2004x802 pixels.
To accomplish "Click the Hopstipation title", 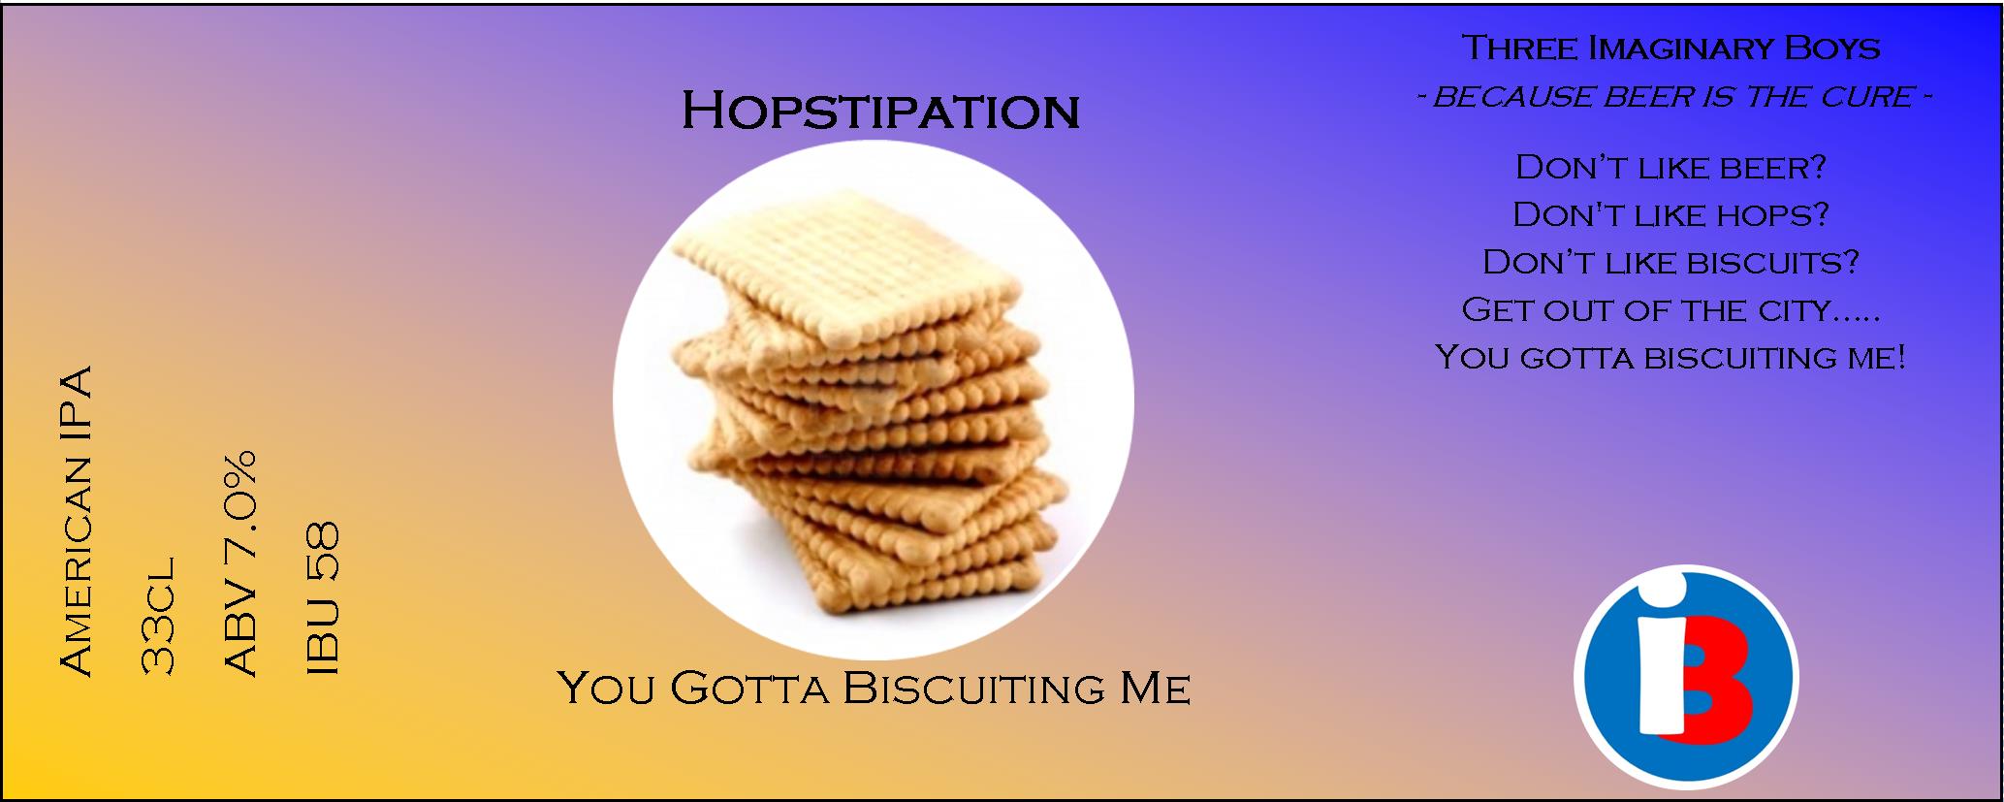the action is (x=880, y=112).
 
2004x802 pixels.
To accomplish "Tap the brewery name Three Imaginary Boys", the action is (x=1670, y=48).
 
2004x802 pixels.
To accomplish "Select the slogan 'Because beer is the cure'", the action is (x=1673, y=97).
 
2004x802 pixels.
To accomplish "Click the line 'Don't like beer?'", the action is (x=1670, y=167).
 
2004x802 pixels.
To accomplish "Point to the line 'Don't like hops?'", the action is (x=1670, y=214).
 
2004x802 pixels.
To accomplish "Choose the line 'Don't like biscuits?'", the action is (x=1670, y=262).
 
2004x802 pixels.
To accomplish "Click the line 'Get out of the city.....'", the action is (x=1670, y=309).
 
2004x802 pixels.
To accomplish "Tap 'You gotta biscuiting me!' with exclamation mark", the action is (x=1670, y=357).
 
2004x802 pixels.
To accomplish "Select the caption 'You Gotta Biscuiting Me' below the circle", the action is (x=874, y=689).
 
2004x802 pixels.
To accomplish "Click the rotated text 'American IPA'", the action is (x=76, y=520).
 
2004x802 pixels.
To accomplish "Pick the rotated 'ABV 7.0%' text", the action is (x=239, y=561).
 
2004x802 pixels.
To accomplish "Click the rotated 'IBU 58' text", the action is (x=321, y=598).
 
